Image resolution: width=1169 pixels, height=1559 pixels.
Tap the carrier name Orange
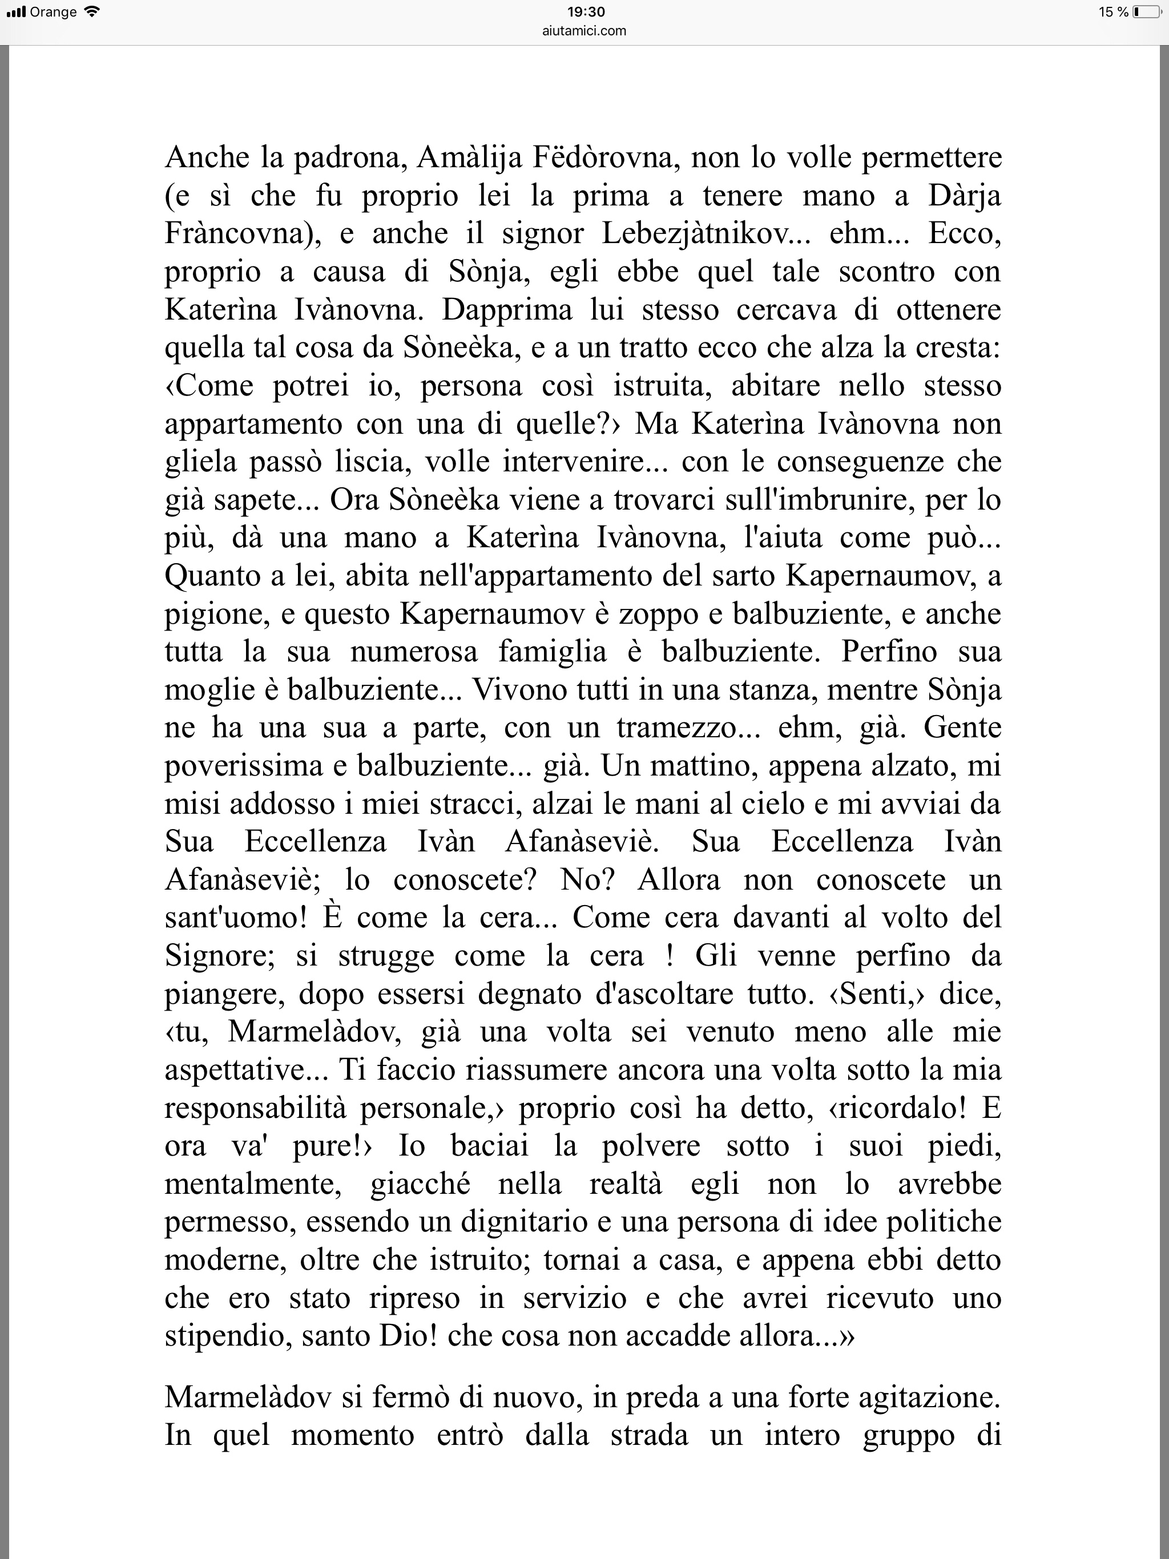[x=53, y=12]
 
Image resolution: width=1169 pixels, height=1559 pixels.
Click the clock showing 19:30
[x=586, y=12]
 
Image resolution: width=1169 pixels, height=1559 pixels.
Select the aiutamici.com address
[x=585, y=30]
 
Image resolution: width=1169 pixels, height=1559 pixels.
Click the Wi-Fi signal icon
[x=92, y=12]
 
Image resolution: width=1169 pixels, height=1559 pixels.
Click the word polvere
[x=651, y=1146]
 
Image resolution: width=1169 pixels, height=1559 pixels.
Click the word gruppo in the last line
[x=909, y=1436]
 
